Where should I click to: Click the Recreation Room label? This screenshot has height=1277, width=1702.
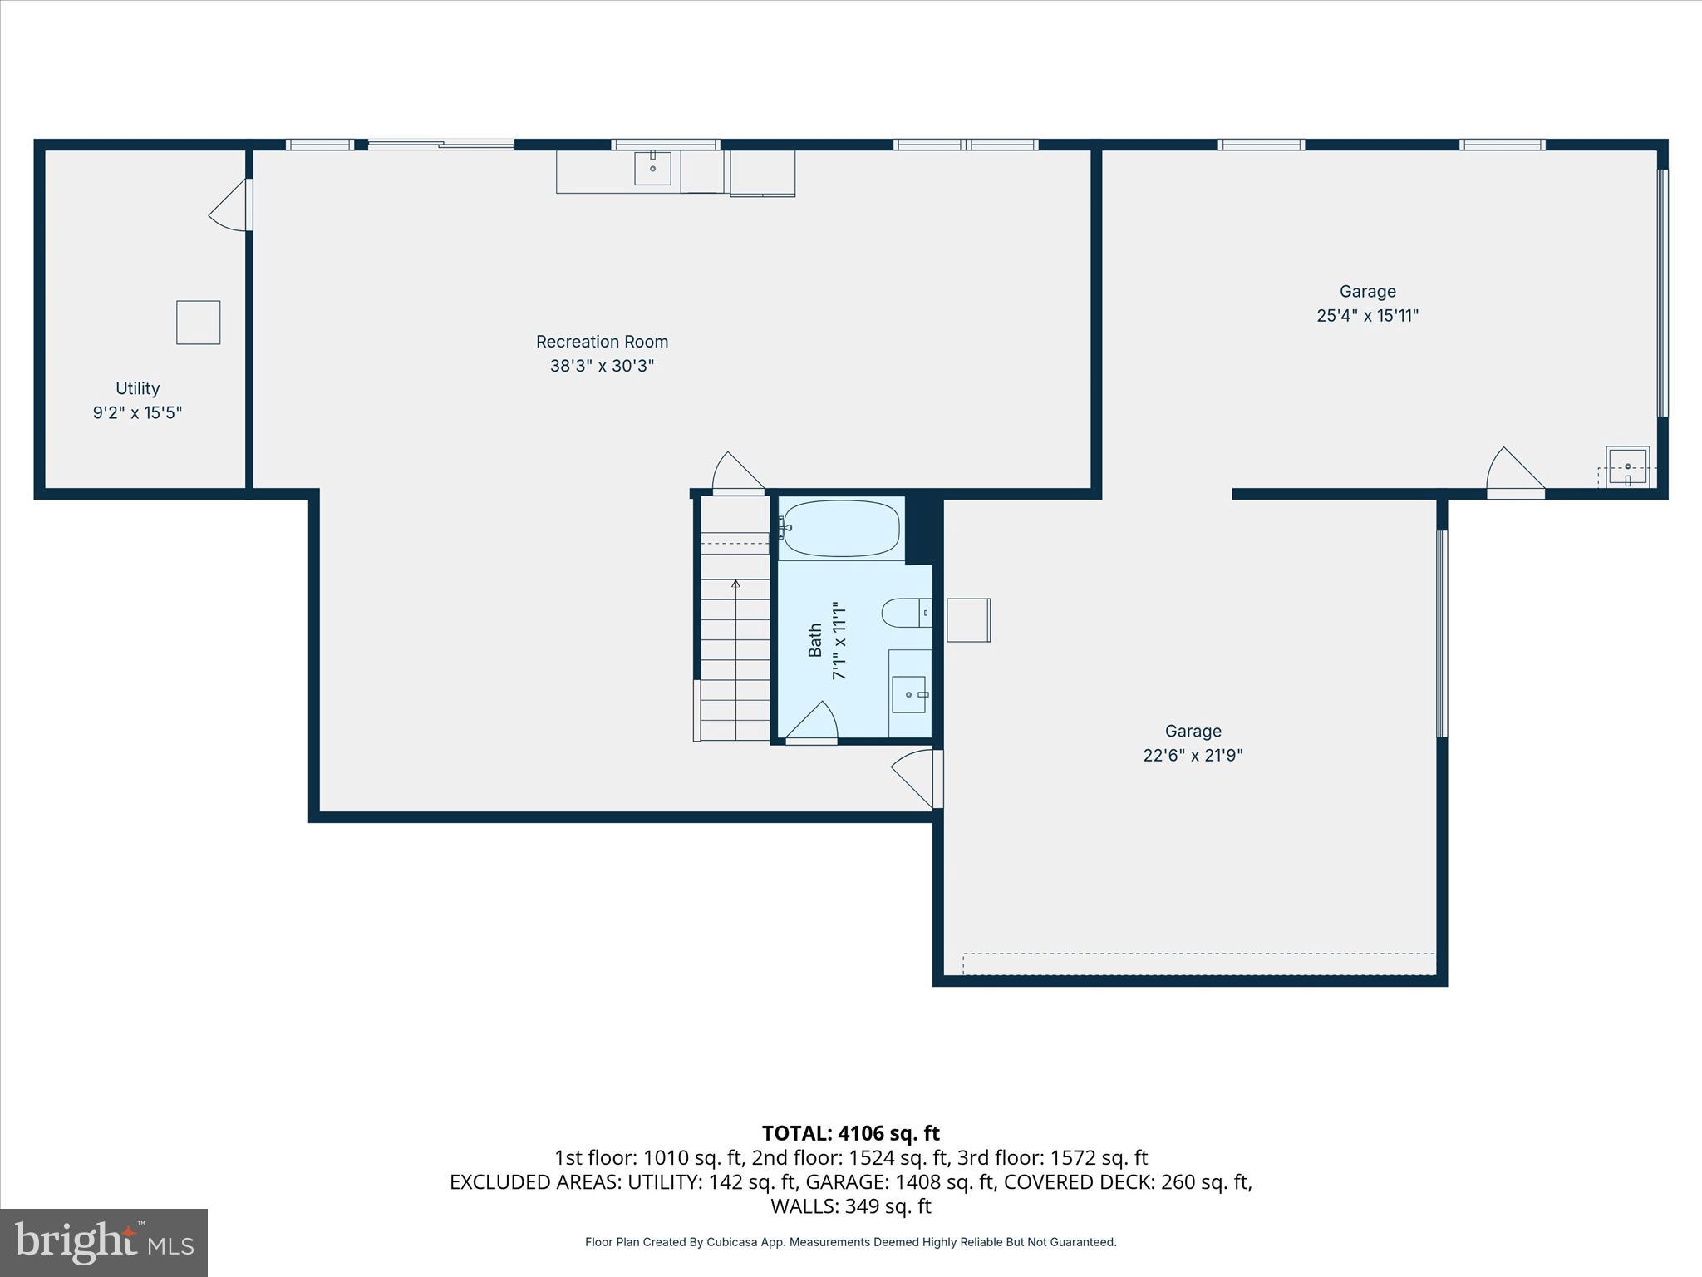[602, 342]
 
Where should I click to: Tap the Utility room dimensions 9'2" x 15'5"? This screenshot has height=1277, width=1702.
[137, 412]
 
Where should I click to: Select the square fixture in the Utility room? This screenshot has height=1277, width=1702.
[198, 323]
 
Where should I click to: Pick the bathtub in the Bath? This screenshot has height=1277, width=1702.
[841, 528]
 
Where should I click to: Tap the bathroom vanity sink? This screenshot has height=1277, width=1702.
[908, 694]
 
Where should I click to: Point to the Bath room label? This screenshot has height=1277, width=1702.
[815, 640]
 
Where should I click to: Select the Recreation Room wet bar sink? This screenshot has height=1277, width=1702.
[652, 168]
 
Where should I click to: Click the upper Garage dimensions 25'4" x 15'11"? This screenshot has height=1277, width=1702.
[1367, 316]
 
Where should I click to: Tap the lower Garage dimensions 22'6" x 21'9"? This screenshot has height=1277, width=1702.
[1193, 756]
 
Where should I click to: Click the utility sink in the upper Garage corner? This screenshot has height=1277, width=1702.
[1627, 467]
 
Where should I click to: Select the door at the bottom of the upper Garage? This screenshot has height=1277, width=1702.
[1514, 474]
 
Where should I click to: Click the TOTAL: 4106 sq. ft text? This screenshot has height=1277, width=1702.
[850, 1133]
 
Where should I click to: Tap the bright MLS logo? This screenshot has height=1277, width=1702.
[104, 1242]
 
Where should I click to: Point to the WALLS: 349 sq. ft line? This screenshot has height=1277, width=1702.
[850, 1206]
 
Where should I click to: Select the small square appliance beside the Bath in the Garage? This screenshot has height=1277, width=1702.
[968, 620]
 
